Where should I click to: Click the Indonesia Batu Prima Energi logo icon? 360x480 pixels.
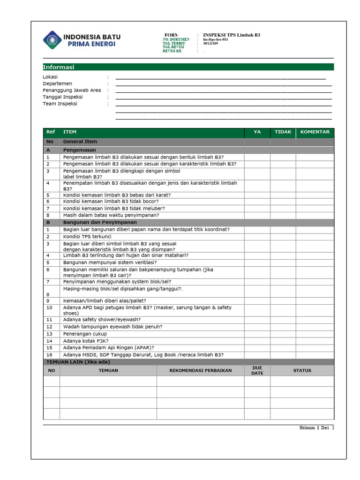52,40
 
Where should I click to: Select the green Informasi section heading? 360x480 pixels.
59,67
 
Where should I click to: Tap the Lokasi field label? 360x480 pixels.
50,77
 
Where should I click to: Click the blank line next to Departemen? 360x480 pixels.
223,84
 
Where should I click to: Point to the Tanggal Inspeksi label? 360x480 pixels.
63,97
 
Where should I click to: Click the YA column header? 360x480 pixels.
257,132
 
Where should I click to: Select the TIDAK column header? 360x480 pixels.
283,132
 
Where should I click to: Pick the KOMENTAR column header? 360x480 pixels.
315,132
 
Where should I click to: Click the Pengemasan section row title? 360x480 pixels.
80,150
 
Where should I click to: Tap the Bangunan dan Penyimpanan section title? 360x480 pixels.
100,223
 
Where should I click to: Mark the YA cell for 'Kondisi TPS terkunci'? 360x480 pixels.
257,237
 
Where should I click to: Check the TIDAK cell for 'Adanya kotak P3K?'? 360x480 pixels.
283,341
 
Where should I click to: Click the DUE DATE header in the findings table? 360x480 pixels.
257,370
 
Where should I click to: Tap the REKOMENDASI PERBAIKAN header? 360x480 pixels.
200,370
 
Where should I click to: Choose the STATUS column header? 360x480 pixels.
302,370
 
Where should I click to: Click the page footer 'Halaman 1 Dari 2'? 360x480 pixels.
317,427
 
